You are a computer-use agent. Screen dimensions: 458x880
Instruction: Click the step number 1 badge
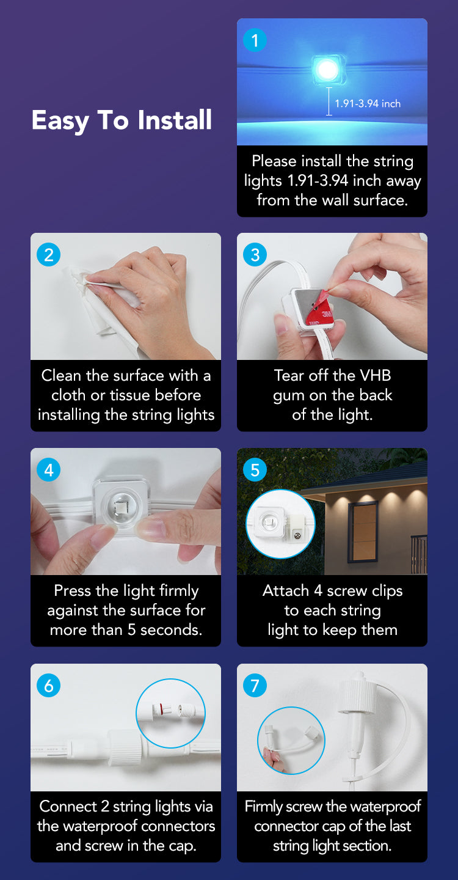point(255,40)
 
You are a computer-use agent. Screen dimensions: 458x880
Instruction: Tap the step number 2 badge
point(48,255)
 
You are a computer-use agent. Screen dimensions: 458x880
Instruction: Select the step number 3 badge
point(255,255)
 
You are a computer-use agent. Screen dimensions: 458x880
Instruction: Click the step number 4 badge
point(48,470)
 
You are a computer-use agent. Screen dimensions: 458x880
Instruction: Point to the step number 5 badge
point(255,470)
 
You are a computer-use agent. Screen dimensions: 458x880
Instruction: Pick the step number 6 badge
point(48,686)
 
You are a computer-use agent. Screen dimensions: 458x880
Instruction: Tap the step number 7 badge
point(255,686)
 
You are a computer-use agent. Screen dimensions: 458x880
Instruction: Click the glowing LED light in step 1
point(327,70)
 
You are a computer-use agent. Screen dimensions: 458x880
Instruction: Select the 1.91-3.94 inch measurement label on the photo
point(368,104)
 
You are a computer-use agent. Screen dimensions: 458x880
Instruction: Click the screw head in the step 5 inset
point(297,535)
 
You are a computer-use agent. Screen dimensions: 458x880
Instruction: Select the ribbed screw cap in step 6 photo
point(124,748)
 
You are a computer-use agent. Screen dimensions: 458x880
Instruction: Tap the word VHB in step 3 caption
point(376,376)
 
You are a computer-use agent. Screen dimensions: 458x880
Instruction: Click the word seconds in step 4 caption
point(171,630)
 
